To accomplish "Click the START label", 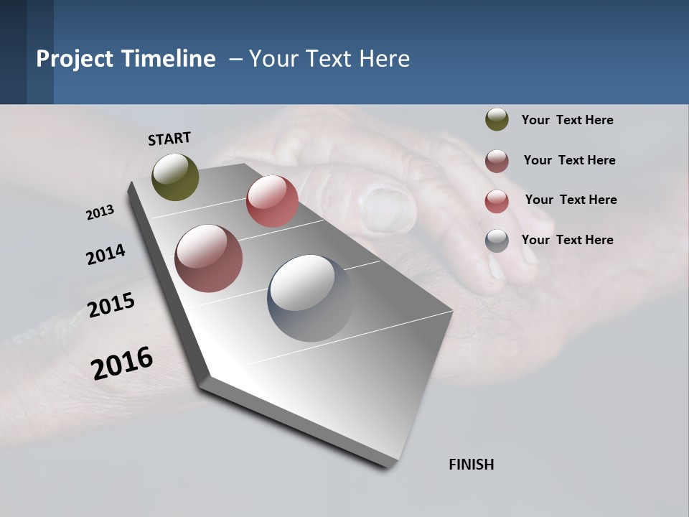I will tap(169, 139).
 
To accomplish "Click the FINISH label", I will tap(471, 465).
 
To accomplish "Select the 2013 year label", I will tap(100, 213).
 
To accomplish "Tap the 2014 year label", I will tap(106, 254).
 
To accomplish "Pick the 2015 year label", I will tap(111, 305).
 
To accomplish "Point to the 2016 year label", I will tap(122, 363).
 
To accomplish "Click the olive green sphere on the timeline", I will tap(175, 177).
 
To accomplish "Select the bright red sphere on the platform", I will tap(272, 201).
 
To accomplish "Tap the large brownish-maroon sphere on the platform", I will tap(208, 258).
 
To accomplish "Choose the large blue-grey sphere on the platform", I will tap(311, 298).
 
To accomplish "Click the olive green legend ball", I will tap(497, 120).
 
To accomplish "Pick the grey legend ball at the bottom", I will tap(497, 241).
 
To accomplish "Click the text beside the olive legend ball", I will tap(567, 121).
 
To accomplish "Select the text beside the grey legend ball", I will tap(567, 240).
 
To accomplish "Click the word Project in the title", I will tap(75, 59).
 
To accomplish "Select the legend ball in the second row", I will tap(497, 161).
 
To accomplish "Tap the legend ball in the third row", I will tap(497, 201).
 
